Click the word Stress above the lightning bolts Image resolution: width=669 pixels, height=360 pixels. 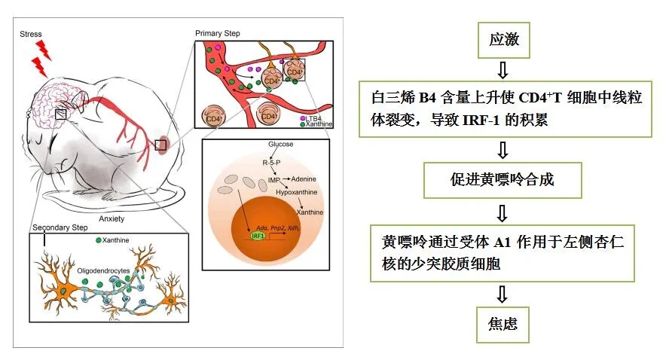tap(31, 34)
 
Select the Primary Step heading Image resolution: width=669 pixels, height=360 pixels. tap(219, 34)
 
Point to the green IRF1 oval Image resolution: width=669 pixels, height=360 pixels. tap(258, 236)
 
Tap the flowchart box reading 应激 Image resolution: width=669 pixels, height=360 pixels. tap(504, 40)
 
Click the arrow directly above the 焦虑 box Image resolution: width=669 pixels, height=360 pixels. tap(504, 293)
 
